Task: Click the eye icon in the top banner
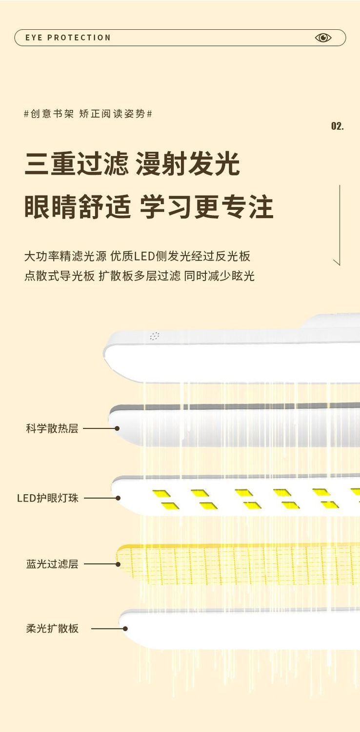(x=323, y=38)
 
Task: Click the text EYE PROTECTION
(x=68, y=38)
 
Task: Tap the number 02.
(x=338, y=126)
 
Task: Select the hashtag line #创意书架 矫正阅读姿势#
(x=88, y=114)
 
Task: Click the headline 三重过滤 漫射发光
(x=132, y=164)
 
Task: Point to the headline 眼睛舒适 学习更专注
(x=149, y=207)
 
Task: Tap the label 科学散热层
(x=52, y=428)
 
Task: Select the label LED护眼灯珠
(x=48, y=498)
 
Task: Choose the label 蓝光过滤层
(x=52, y=564)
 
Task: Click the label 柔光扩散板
(x=52, y=629)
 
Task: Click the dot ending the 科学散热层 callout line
(x=117, y=428)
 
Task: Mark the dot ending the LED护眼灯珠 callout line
(x=118, y=498)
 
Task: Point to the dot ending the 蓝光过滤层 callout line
(x=118, y=564)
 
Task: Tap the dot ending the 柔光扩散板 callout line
(x=125, y=629)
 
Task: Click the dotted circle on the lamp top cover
(x=155, y=336)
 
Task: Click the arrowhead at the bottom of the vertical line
(x=336, y=263)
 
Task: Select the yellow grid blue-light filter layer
(x=239, y=565)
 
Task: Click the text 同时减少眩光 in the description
(x=219, y=276)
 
